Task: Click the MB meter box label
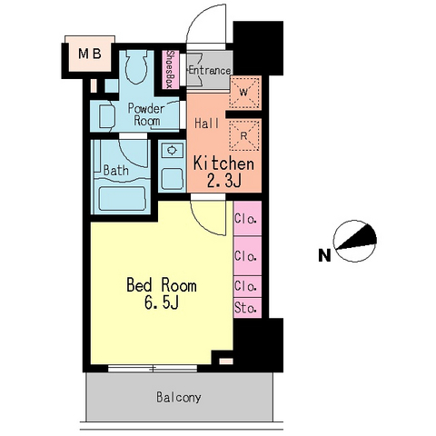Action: pos(90,54)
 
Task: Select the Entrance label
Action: pos(210,71)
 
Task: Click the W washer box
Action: pos(245,93)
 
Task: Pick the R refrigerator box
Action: pos(244,134)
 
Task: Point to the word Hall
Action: pos(207,124)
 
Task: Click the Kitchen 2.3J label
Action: pos(223,172)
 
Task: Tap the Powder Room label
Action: pos(146,114)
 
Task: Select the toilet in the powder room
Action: pos(136,67)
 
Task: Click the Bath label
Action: pos(116,170)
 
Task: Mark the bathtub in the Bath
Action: pos(123,199)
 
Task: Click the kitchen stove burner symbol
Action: pos(172,150)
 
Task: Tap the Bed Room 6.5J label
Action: pos(162,293)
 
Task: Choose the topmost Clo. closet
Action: pos(247,219)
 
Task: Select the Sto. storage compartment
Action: pos(247,308)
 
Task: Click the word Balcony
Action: pos(179,397)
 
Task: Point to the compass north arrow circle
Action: pos(355,241)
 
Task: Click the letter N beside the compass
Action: pos(324,256)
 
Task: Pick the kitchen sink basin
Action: pos(173,179)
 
